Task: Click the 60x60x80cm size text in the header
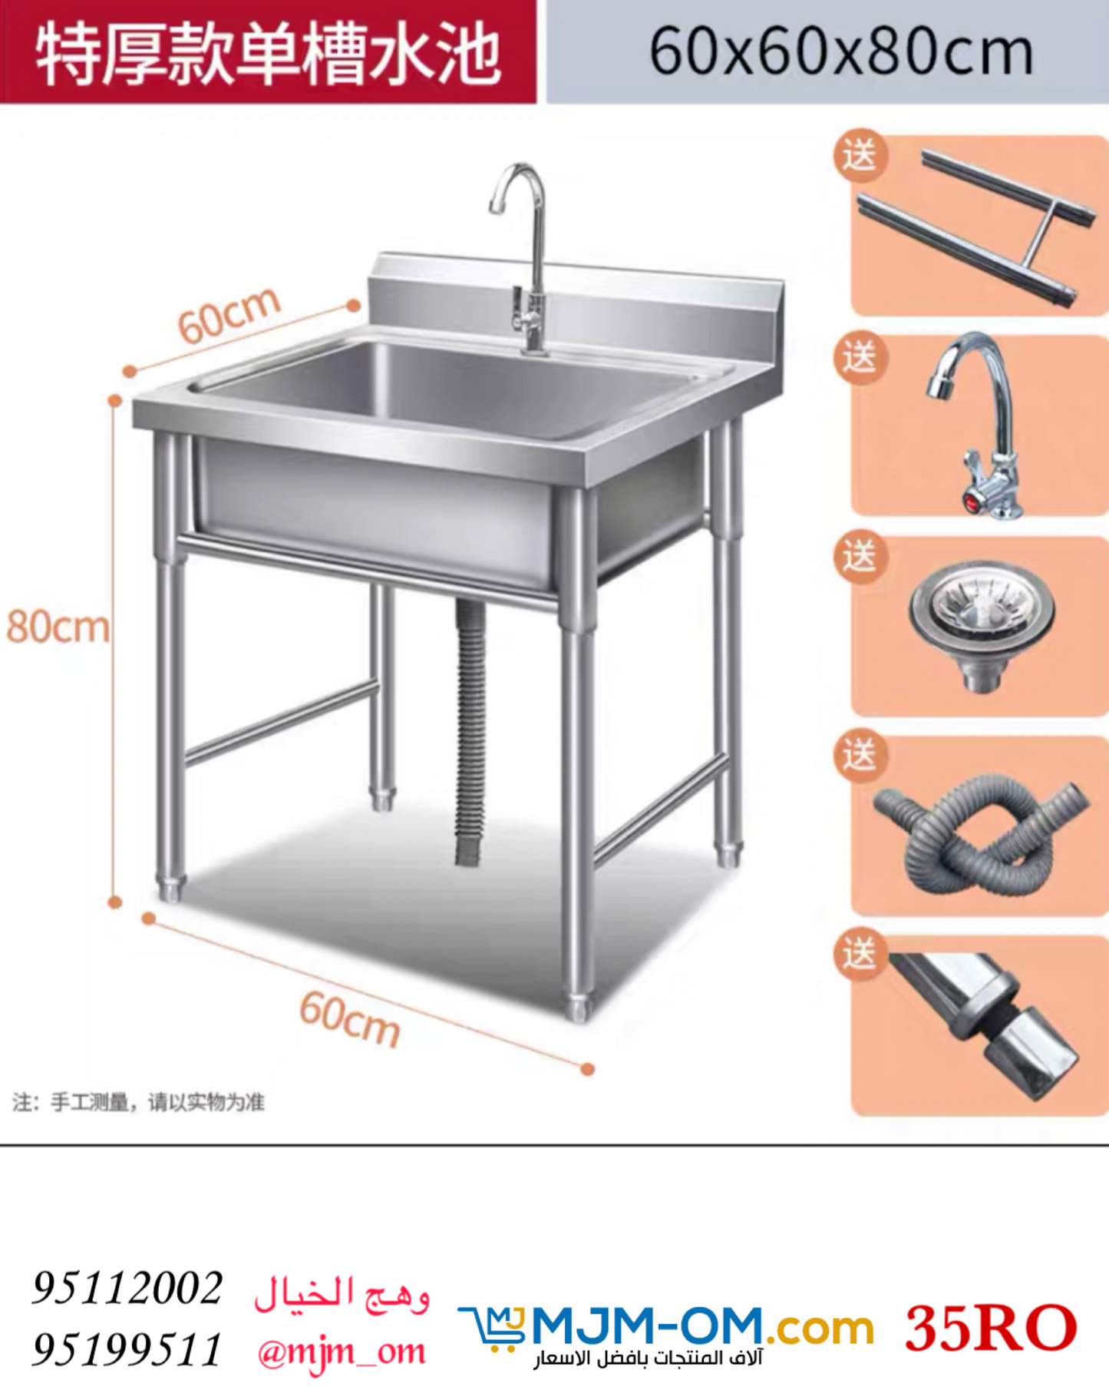coord(840,52)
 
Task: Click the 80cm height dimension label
coord(58,627)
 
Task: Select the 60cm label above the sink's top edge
coord(229,315)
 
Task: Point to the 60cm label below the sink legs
coord(350,1018)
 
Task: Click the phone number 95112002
coord(127,1288)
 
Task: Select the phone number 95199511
coord(127,1349)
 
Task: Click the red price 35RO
coord(991,1328)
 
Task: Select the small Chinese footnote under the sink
coord(139,1103)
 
